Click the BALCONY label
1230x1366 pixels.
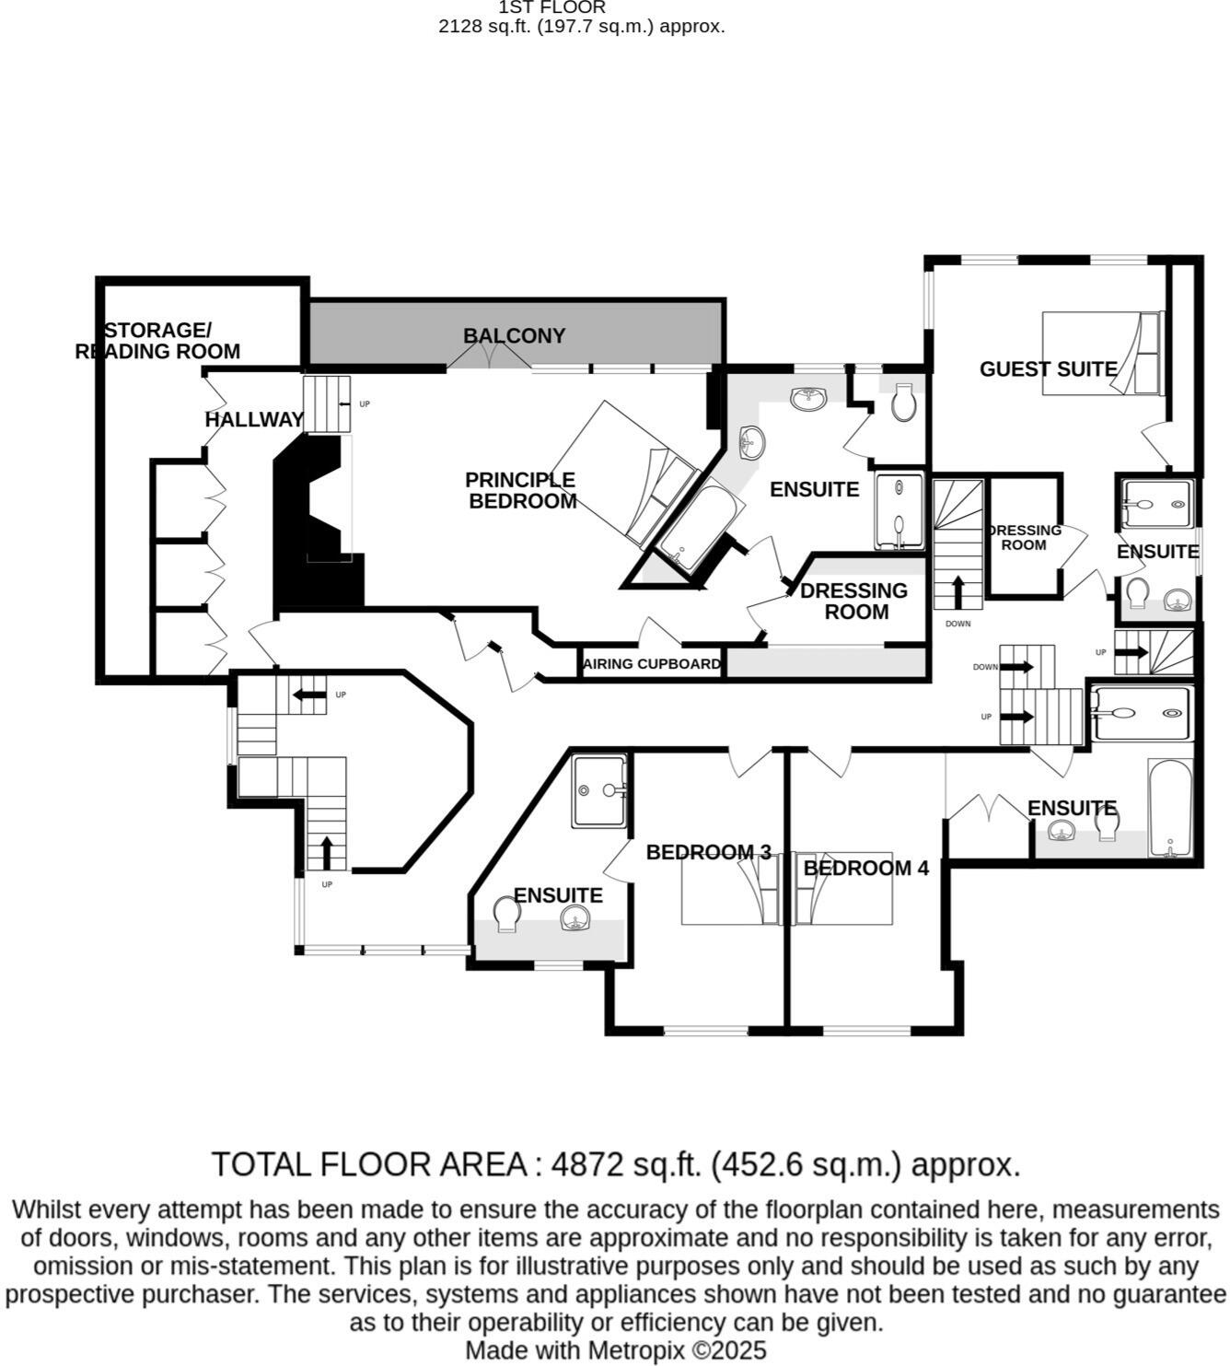(514, 336)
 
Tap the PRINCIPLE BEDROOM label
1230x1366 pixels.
(521, 491)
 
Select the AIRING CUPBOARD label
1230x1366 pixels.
(652, 664)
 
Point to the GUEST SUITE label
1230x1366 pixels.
(1048, 369)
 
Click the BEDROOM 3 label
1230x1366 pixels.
(708, 853)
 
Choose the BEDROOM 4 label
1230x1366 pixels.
(865, 868)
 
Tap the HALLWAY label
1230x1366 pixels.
(254, 420)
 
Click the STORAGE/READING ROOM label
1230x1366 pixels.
(157, 341)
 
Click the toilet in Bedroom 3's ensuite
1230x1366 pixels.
(505, 914)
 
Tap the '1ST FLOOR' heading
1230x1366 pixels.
(552, 7)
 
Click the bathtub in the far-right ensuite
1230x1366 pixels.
(1169, 808)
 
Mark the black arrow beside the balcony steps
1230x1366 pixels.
(345, 403)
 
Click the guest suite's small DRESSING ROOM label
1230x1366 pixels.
(1024, 537)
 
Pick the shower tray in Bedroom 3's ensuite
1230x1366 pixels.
(599, 789)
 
